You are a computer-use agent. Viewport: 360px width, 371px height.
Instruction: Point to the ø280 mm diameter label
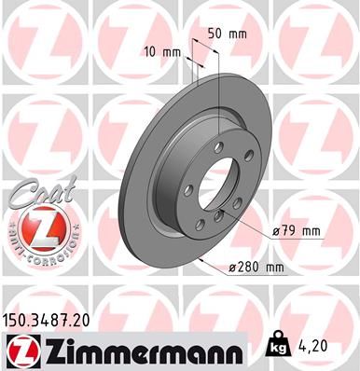coord(256,268)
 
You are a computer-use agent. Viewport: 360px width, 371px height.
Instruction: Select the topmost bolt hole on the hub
coord(218,146)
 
